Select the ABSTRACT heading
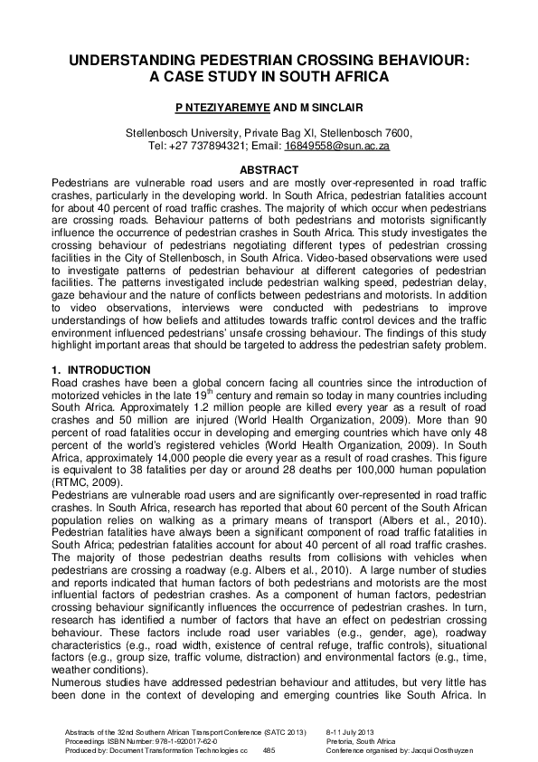click(269, 170)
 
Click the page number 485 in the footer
click(269, 750)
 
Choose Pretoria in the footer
click(342, 740)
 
